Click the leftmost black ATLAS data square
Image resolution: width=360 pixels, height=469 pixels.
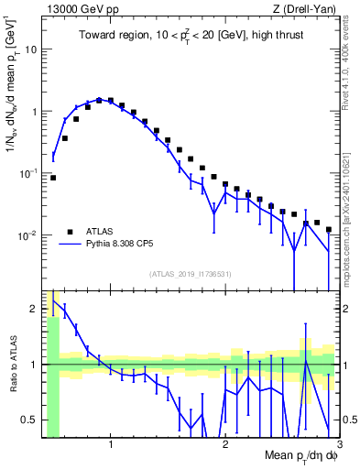(53, 178)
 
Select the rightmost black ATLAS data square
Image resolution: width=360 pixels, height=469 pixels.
(328, 230)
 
